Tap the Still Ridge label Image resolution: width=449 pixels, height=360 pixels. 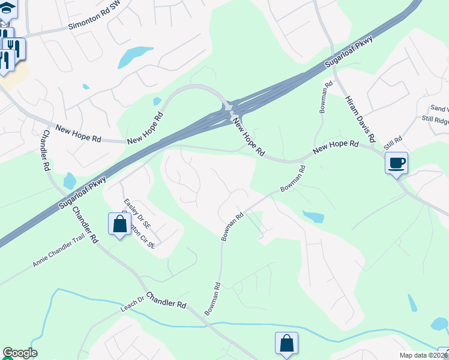coord(435,119)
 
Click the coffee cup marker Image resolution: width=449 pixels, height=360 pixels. coord(396,163)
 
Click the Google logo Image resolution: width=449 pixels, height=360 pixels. coord(19,353)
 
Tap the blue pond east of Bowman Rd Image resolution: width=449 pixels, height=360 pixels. coord(313,216)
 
